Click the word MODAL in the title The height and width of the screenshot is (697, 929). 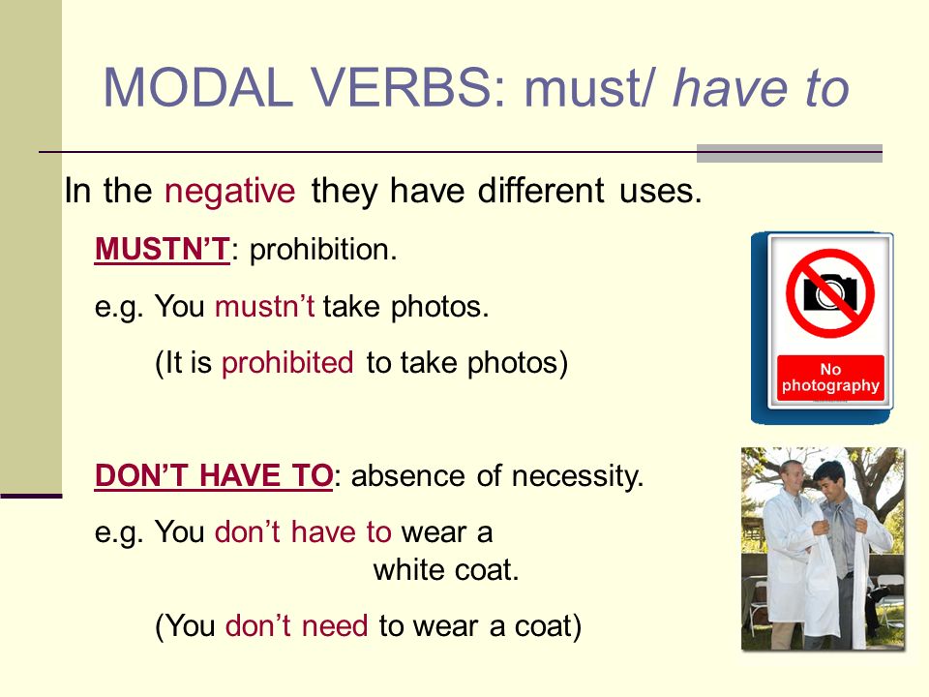click(198, 87)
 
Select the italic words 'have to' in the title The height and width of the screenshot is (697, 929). click(761, 87)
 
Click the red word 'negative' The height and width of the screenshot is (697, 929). click(230, 191)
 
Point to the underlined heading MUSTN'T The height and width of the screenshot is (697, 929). click(162, 249)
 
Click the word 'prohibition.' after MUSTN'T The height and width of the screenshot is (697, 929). click(323, 250)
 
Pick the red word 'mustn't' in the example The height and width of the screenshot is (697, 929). click(264, 307)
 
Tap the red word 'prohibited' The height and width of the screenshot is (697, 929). click(287, 362)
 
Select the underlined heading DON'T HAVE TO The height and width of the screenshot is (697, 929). click(214, 475)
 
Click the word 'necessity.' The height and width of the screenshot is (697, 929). click(577, 476)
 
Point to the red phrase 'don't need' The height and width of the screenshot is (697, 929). click(296, 625)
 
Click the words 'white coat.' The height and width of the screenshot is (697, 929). click(445, 569)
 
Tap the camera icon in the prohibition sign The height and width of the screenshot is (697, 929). click(829, 292)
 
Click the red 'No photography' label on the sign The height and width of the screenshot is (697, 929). click(830, 378)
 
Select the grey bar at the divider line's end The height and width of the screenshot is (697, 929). click(790, 153)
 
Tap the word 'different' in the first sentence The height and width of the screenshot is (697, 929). click(541, 191)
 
